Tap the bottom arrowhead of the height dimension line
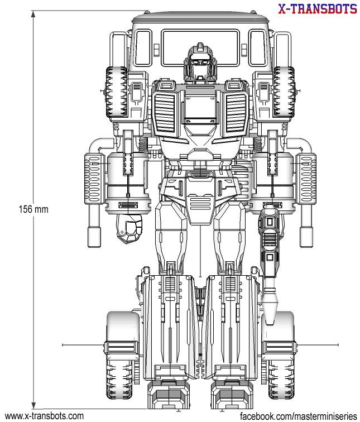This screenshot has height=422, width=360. click(34, 407)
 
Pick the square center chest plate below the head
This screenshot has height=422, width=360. click(200, 106)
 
